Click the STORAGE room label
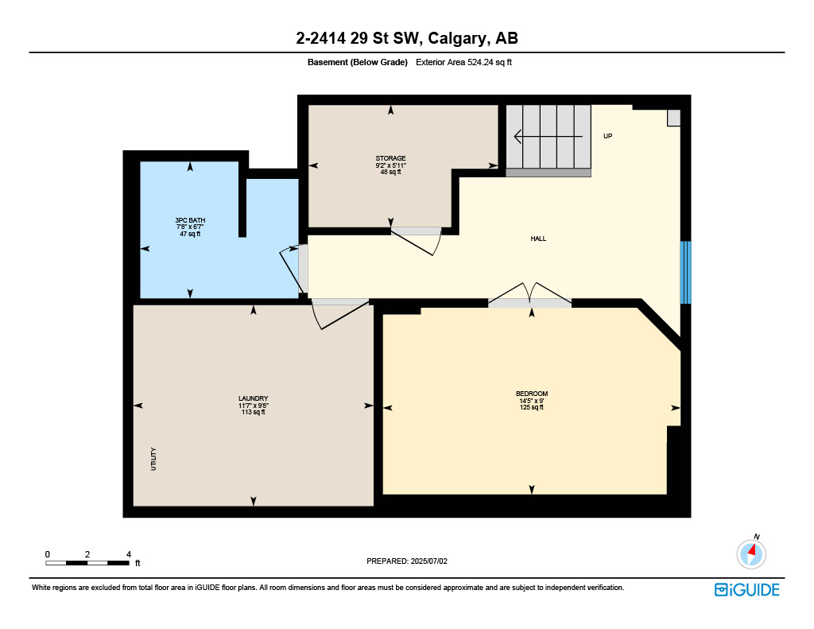point(390,158)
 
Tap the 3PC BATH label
point(189,220)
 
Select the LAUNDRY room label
point(253,398)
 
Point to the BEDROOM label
point(531,394)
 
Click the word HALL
point(538,239)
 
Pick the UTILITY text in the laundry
point(153,459)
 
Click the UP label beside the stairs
point(607,136)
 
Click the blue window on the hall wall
point(686,272)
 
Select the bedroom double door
point(529,296)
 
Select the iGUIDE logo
point(746,589)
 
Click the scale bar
point(87,563)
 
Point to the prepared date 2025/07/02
point(407,561)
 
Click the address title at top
point(406,39)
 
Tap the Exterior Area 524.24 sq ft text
point(463,62)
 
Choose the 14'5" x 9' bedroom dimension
point(531,401)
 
